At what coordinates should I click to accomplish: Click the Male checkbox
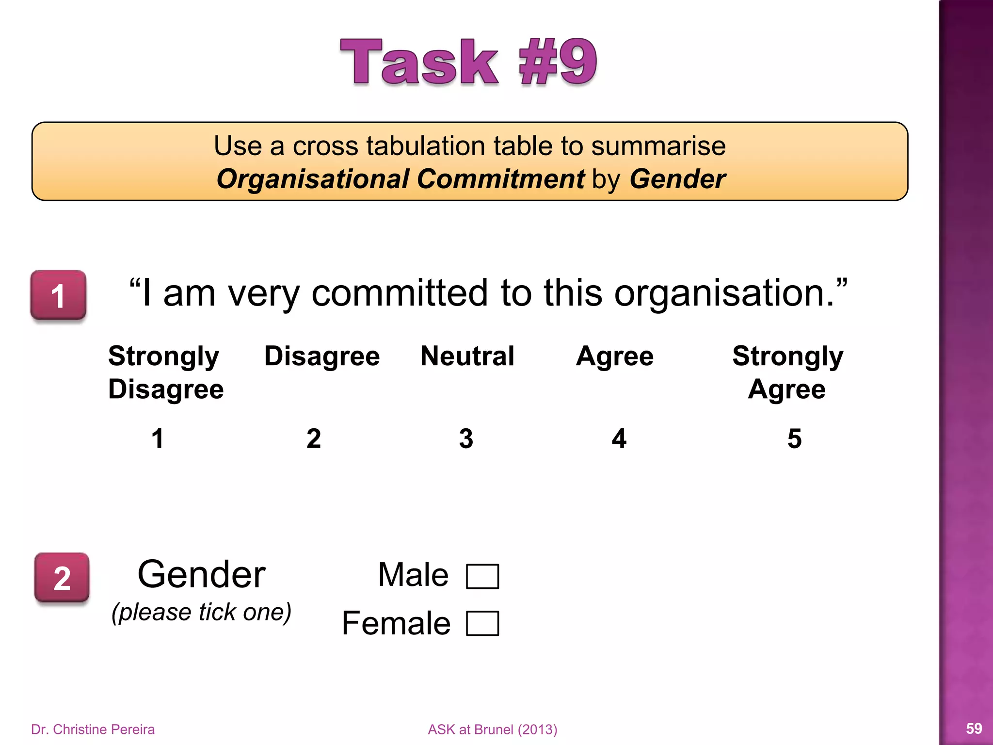[482, 576]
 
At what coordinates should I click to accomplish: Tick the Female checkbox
[482, 623]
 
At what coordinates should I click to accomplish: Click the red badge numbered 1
[58, 295]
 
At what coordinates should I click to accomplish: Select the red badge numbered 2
[62, 578]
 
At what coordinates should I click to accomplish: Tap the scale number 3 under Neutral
[466, 438]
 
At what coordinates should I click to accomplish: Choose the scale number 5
[794, 438]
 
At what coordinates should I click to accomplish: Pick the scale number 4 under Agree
[619, 438]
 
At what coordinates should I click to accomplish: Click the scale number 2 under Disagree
[314, 438]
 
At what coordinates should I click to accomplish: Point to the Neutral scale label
[467, 356]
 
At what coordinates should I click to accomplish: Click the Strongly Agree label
[787, 372]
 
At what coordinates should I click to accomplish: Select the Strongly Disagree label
[165, 372]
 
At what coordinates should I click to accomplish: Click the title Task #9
[468, 62]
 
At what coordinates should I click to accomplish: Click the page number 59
[974, 728]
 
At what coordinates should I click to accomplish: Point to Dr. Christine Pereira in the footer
[93, 729]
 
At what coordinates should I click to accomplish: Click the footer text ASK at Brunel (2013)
[492, 729]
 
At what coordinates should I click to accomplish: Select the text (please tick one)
[201, 612]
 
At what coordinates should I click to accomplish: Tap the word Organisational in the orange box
[312, 179]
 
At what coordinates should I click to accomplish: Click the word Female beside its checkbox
[396, 623]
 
